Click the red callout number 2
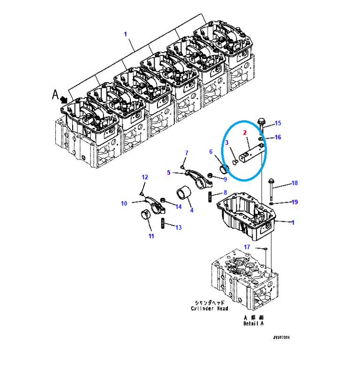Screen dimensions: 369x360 click(245, 133)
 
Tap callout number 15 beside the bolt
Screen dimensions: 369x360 click(277, 123)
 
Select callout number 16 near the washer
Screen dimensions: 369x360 click(277, 137)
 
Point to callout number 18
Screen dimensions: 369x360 click(294, 183)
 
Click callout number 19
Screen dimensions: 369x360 click(294, 202)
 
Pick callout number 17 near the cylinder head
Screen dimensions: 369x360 click(247, 247)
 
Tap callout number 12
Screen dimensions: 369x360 click(145, 177)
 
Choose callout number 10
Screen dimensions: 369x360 click(124, 203)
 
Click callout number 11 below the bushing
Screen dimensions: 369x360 click(151, 236)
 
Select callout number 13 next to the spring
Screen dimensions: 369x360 click(178, 227)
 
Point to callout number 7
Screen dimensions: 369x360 click(186, 153)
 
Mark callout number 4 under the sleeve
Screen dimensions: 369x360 click(191, 210)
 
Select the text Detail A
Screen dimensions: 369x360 click(254, 324)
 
